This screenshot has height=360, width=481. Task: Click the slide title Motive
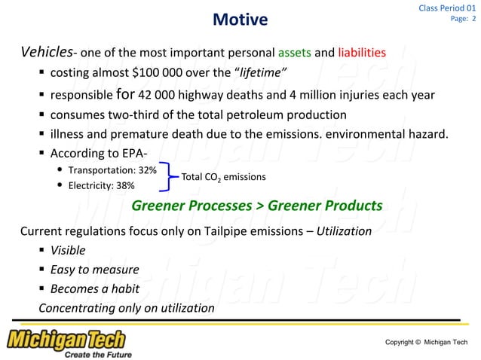[240, 19]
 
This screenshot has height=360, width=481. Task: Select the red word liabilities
[362, 53]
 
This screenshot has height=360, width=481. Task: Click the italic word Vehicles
[46, 53]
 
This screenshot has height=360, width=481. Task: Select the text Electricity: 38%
[101, 185]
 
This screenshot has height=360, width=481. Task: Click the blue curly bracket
[170, 177]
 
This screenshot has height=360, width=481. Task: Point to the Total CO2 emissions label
[223, 177]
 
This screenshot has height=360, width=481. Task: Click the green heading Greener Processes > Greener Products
[256, 206]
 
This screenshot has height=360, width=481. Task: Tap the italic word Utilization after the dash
[344, 231]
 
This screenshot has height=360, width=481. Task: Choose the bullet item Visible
[68, 250]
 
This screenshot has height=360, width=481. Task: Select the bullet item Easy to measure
[94, 270]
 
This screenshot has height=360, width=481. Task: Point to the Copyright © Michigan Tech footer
[425, 343]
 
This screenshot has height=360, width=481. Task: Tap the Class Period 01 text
[447, 8]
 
